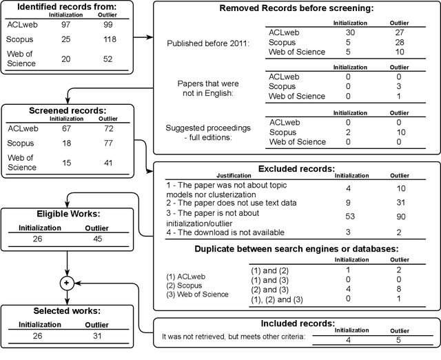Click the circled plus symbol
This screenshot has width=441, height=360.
[66, 283]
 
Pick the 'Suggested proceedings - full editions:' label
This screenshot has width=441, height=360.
[209, 132]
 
